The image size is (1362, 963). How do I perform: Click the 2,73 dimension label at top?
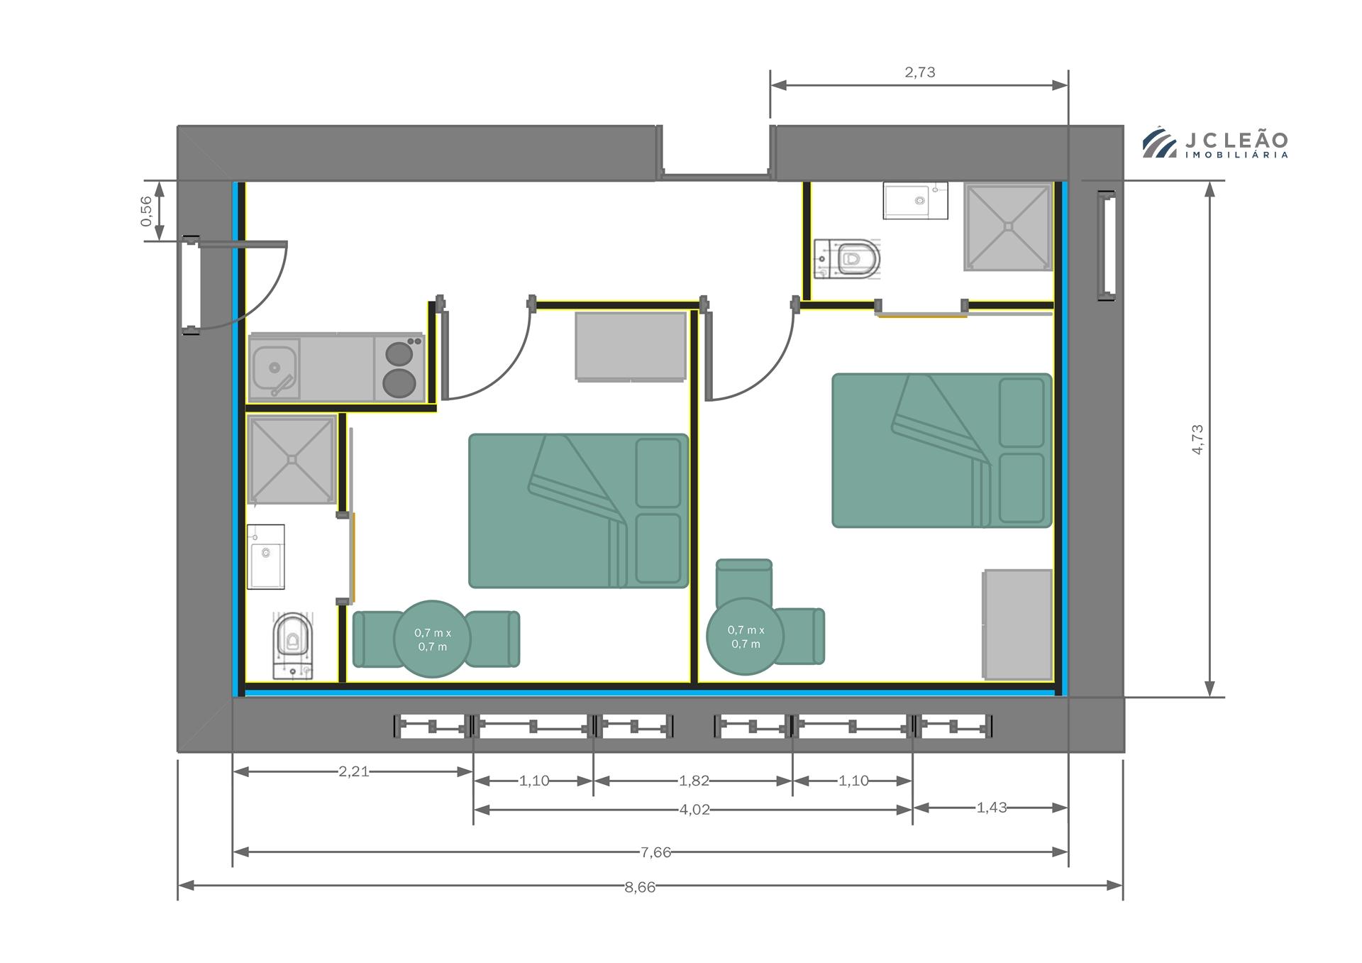[x=919, y=72]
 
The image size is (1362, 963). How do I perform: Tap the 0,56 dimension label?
[x=146, y=211]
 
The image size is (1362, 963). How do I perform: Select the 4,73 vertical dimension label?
[x=1197, y=439]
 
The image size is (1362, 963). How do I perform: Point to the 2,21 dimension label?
[x=353, y=771]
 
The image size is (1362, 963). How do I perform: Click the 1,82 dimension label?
[x=694, y=781]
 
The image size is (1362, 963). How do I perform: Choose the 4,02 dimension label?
[x=694, y=810]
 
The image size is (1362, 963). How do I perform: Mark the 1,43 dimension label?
[x=992, y=807]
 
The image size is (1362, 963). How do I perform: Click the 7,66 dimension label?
[x=655, y=852]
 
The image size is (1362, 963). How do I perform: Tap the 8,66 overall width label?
[x=640, y=887]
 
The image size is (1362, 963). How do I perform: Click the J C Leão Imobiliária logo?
[x=1214, y=143]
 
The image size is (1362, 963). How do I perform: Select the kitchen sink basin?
[x=275, y=369]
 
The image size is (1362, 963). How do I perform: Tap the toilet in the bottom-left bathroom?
[x=292, y=646]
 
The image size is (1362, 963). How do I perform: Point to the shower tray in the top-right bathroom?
[x=1007, y=227]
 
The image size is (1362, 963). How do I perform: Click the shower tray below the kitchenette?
[x=292, y=460]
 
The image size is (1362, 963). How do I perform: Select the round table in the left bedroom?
[x=432, y=639]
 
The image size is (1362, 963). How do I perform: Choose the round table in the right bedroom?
[x=746, y=637]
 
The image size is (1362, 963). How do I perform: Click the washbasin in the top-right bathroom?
[x=915, y=200]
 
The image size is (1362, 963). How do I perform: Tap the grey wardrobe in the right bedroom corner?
[x=1017, y=624]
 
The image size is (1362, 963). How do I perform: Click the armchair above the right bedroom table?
[x=744, y=581]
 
